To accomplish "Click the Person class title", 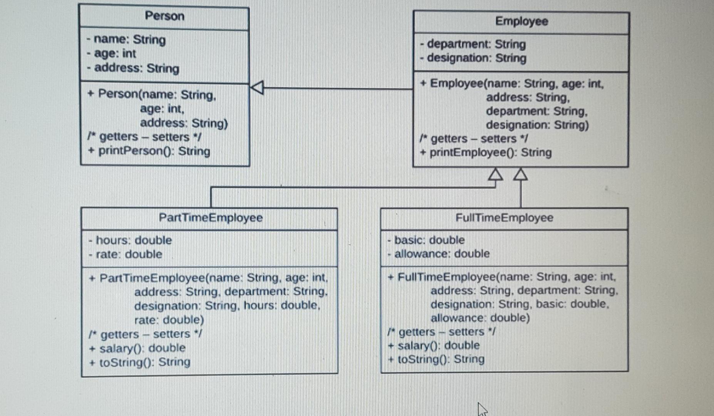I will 164,16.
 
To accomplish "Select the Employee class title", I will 521,21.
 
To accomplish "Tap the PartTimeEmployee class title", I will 210,218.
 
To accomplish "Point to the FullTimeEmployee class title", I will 504,218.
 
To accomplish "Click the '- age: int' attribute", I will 111,54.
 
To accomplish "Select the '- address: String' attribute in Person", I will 133,68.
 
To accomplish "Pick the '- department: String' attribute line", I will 473,44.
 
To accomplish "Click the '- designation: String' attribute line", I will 473,58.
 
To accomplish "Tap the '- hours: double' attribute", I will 130,240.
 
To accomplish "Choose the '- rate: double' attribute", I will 126,255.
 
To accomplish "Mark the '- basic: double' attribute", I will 426,240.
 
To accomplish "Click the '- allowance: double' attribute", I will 439,254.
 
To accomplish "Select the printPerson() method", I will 149,151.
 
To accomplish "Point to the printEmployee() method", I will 486,153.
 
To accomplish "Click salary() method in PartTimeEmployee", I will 137,349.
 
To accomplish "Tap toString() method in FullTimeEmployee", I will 436,359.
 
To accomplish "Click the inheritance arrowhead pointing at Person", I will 257,87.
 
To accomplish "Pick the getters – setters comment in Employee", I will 474,139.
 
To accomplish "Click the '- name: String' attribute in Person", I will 126,40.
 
